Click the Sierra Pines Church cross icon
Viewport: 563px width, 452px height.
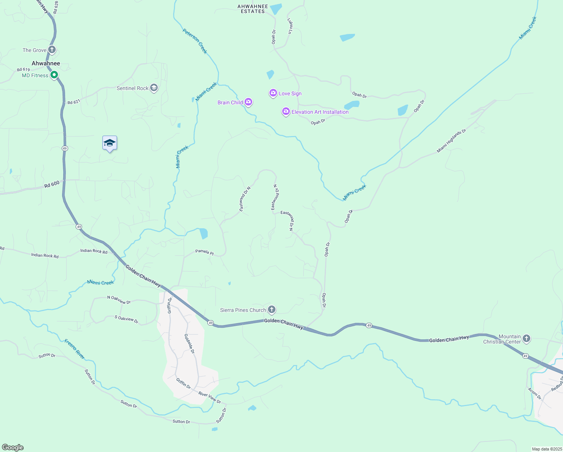coord(271,310)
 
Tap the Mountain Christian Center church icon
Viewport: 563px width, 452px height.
coord(526,339)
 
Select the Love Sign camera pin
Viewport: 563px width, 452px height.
coord(273,93)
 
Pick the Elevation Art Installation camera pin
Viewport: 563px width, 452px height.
coord(286,111)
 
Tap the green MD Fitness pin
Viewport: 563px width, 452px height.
coord(54,75)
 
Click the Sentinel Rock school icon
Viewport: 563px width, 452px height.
coord(154,88)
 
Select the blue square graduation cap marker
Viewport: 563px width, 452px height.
coord(110,143)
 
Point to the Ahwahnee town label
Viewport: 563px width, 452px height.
coord(46,63)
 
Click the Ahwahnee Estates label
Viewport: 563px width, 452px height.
coord(253,9)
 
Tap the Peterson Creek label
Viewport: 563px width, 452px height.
coord(195,41)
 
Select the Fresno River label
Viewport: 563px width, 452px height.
coord(75,349)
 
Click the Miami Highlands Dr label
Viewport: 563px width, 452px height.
coord(451,141)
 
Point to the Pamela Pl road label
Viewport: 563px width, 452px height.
coord(204,252)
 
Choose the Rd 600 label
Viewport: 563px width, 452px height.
coord(52,184)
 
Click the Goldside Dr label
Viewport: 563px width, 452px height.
coord(189,344)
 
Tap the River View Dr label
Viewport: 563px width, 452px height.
coord(210,397)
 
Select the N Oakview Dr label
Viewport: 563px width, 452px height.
coord(119,300)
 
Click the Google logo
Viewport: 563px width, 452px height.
coord(13,447)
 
